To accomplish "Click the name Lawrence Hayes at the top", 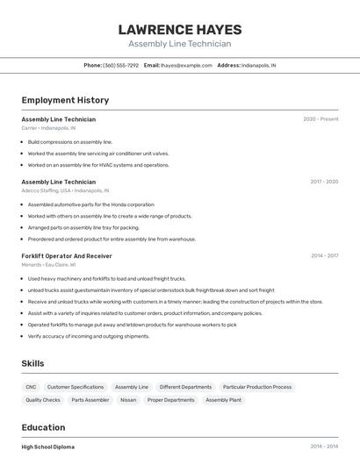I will [179, 29].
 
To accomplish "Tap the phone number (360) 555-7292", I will [120, 65].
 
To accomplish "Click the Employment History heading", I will [65, 100].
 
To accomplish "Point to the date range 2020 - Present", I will [320, 119].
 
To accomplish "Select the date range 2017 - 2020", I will [324, 182].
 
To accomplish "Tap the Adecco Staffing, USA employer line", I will [65, 190].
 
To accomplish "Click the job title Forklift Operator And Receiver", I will [67, 255].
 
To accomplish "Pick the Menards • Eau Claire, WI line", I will [48, 264].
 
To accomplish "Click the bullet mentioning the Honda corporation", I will [90, 204].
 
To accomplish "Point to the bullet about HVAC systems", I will [98, 165].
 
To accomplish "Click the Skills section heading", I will [32, 363].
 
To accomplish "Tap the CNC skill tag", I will [31, 387].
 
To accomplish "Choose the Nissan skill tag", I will [128, 400].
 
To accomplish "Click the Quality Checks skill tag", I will [43, 400].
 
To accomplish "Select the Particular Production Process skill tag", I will [257, 387].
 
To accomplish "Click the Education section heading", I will [43, 427].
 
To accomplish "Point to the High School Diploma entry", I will [48, 447].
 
